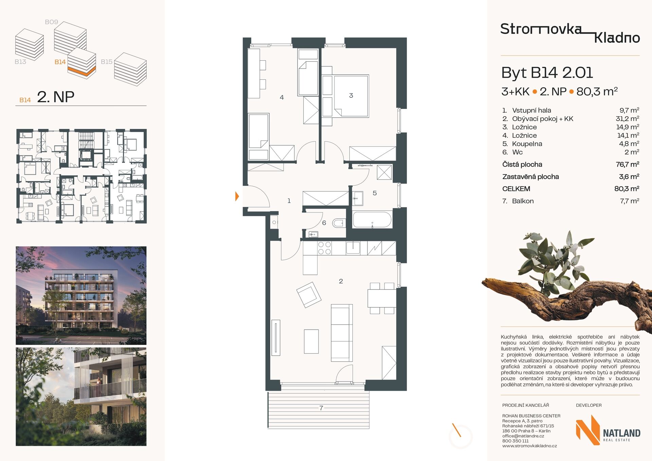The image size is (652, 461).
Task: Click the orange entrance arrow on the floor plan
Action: (237, 196)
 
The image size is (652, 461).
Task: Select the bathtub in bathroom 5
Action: (373, 220)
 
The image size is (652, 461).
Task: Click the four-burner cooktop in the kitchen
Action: (324, 248)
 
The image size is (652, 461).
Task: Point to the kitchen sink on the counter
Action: (353, 248)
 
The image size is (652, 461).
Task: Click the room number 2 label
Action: (341, 281)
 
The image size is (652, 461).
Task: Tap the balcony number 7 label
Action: (321, 408)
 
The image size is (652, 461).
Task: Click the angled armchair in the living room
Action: (309, 295)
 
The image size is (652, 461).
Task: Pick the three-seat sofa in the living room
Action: (342, 333)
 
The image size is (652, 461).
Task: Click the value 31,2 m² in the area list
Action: (628, 118)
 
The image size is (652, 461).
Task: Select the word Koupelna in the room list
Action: (527, 144)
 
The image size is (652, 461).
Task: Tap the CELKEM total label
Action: (516, 189)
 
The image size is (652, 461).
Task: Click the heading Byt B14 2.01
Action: (547, 73)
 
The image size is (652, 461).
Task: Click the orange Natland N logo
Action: (588, 430)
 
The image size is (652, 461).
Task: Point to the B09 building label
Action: (52, 22)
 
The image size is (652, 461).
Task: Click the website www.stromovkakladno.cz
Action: (529, 446)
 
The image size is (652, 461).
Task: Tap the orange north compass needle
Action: (456, 430)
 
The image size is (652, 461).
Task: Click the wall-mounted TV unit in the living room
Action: (276, 338)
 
